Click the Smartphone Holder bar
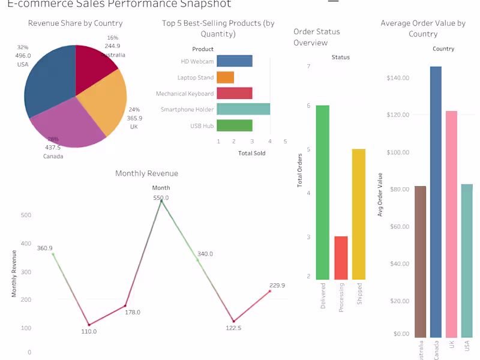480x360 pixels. [243, 109]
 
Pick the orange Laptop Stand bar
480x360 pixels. [225, 77]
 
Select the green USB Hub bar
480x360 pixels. [234, 125]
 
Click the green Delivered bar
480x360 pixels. [323, 192]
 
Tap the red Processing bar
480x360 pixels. [341, 258]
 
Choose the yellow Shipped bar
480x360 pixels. [359, 214]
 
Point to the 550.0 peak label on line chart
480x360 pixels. [161, 197]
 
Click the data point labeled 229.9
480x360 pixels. [270, 291]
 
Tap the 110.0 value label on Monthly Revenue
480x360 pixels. [88, 331]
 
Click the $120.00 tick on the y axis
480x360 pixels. [398, 115]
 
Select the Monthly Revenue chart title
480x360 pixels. [146, 173]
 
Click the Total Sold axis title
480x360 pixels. [251, 153]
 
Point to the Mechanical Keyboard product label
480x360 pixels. [185, 94]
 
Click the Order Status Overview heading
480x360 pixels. [317, 37]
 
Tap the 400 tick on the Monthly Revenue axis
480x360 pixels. [26, 244]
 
